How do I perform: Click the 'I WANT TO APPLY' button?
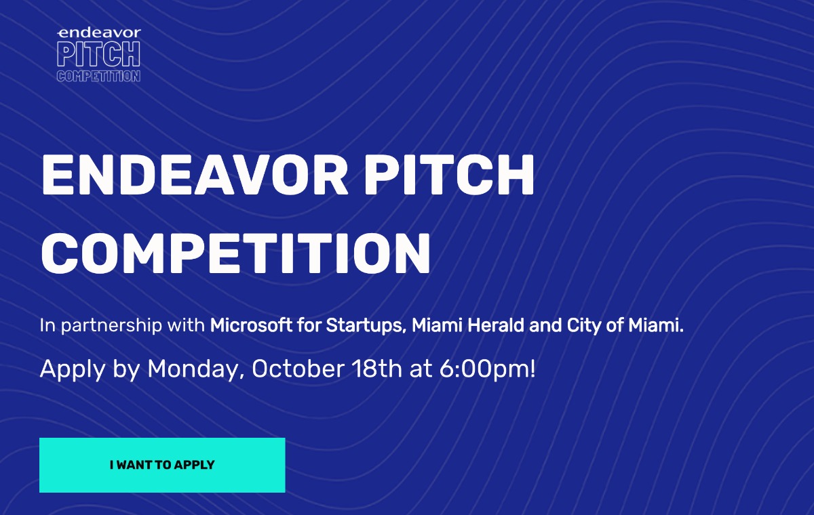point(162,465)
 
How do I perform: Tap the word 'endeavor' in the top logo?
point(99,33)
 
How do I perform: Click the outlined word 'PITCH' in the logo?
point(98,54)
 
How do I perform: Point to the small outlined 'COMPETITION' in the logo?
point(98,76)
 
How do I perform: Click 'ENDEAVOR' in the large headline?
point(195,176)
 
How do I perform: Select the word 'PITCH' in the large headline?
point(450,176)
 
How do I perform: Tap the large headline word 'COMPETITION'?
point(236,253)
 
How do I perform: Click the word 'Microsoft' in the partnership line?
point(251,325)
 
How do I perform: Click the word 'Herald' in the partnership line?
point(496,325)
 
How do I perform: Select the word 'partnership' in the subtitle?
point(111,325)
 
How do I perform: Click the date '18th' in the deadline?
point(377,369)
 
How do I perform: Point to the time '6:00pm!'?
point(487,369)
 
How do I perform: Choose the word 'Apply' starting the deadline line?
point(73,369)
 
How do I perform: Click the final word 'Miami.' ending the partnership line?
point(656,325)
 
